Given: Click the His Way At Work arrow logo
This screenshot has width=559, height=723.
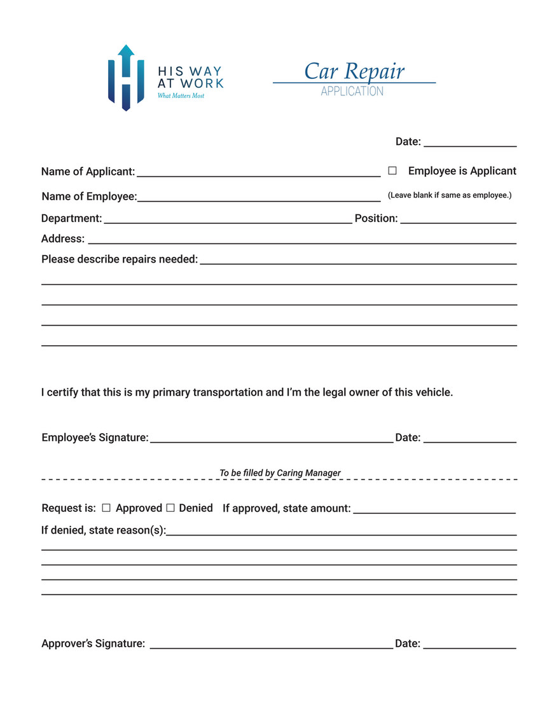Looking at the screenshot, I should (x=126, y=78).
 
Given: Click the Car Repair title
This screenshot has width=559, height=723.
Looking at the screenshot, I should (x=354, y=71).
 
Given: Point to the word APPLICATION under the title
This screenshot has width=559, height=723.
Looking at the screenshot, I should (x=352, y=92).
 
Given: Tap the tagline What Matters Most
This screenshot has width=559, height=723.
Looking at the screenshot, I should (x=181, y=96).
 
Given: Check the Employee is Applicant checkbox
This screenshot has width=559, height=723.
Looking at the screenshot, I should (x=392, y=171).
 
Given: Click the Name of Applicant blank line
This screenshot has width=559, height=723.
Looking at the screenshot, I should (x=258, y=174).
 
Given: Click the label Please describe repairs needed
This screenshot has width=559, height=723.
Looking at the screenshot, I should (x=120, y=259).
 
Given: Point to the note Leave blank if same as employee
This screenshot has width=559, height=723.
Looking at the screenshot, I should (x=450, y=195).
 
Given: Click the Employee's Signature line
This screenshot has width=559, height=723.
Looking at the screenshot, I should (x=272, y=440).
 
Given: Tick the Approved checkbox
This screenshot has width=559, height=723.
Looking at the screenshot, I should (x=106, y=508).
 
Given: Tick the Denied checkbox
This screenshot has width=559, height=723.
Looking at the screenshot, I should (x=170, y=508).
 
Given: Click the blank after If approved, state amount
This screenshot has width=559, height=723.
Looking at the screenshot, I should (x=434, y=511).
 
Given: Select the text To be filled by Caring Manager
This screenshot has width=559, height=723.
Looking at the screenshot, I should (x=280, y=473).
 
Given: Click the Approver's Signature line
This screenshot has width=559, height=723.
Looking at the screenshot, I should (x=272, y=646).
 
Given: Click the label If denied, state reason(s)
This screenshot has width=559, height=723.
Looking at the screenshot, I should (x=104, y=530).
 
